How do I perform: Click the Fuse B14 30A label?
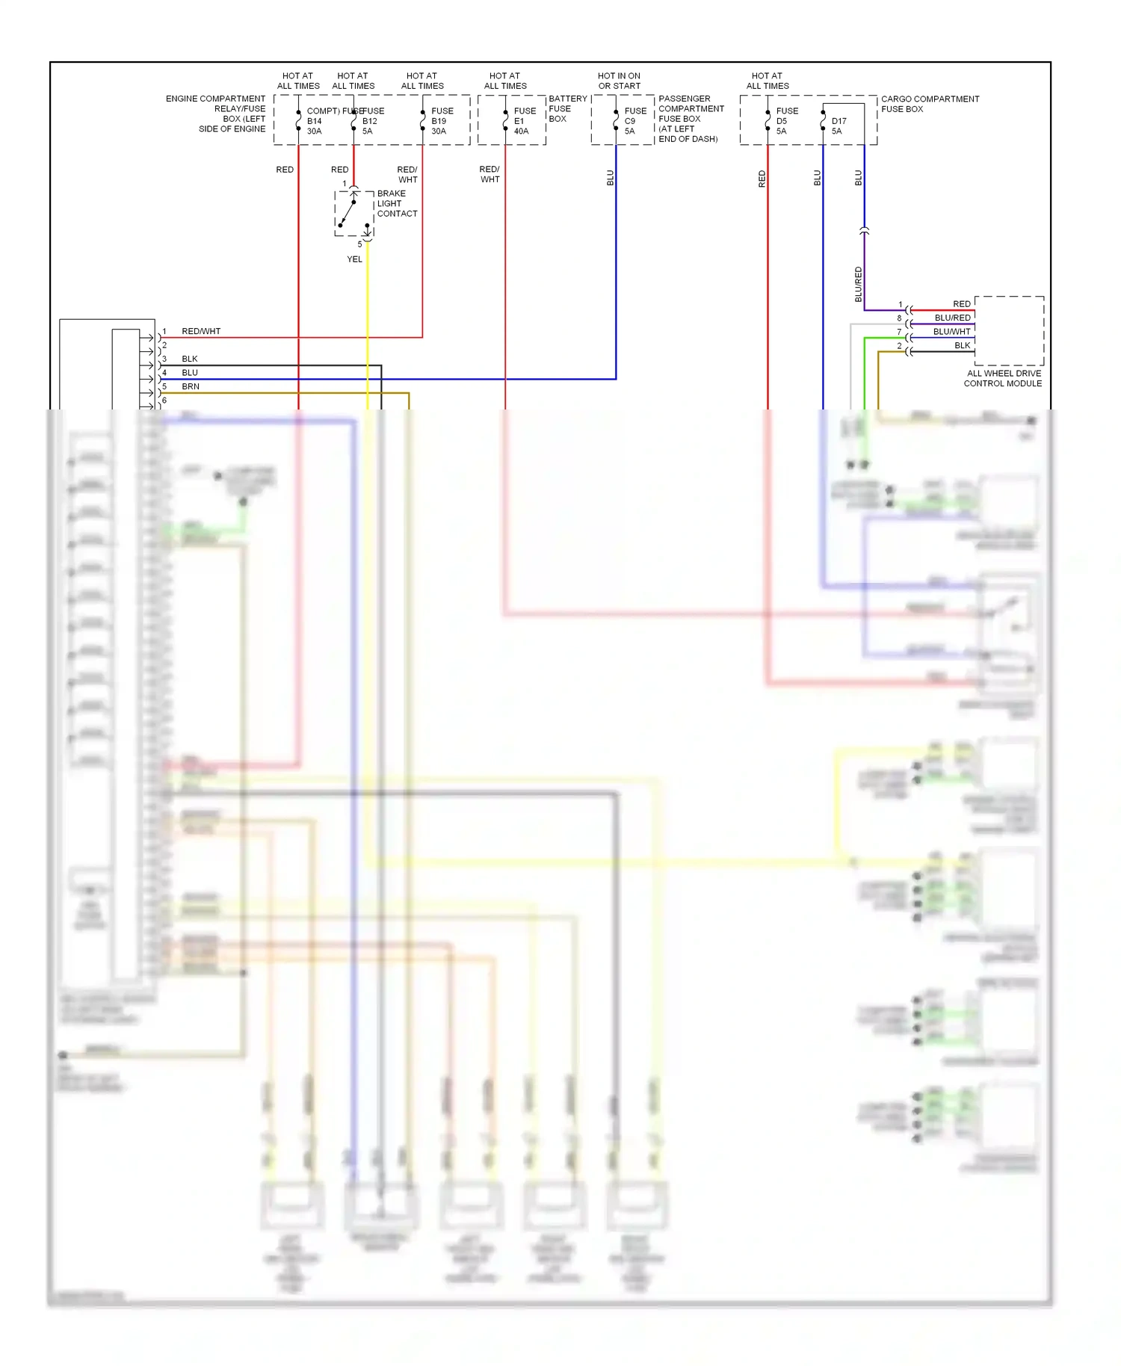coord(314,121)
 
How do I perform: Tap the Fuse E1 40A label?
coord(524,121)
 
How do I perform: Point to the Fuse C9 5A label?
coord(634,121)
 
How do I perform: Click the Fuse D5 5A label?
coord(785,121)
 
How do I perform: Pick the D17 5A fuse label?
coord(839,126)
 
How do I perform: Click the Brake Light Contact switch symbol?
coord(353,214)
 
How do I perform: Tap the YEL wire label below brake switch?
coord(354,259)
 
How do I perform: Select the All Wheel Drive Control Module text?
coord(1003,378)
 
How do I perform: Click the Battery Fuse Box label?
coord(567,108)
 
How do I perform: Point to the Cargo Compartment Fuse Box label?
coord(929,104)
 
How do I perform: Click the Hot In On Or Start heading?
coord(619,81)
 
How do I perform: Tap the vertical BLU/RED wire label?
coord(858,284)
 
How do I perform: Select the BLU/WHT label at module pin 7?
coord(951,332)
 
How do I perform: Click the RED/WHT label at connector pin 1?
coord(201,331)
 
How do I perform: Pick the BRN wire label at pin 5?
coord(191,386)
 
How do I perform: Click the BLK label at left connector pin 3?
coord(190,359)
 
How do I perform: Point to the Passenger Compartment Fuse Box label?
coord(690,119)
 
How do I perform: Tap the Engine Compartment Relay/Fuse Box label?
coord(217,114)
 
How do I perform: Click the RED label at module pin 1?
coord(961,304)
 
